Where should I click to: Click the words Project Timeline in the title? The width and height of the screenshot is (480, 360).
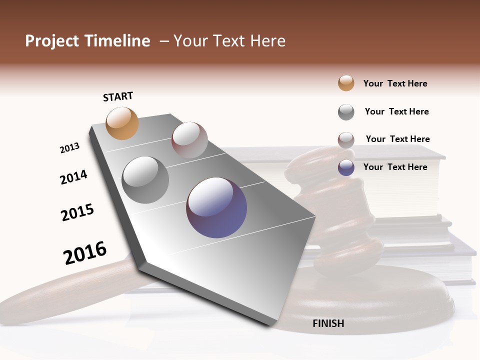87,41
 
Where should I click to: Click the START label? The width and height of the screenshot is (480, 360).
118,96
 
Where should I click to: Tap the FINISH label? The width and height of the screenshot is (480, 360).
328,323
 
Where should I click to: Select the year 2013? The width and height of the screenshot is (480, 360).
69,148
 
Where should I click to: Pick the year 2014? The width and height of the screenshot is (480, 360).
73,177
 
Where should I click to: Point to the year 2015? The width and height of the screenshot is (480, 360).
77,212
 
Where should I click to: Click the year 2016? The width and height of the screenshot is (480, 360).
85,252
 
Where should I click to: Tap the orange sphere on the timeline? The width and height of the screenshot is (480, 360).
122,123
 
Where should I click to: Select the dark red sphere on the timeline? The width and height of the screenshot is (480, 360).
189,140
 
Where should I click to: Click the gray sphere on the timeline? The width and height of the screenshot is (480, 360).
145,180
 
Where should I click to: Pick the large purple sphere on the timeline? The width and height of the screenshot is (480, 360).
216,207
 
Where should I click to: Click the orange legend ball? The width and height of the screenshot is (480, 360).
346,83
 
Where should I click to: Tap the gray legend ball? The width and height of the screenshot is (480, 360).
346,112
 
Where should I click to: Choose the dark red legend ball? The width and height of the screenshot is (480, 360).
346,140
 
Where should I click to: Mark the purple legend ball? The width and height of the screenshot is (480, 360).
346,167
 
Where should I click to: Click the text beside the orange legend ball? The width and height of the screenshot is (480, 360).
395,83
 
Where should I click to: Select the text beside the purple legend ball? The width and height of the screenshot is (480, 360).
395,167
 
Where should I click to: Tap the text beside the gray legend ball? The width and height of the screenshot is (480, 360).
396,111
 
